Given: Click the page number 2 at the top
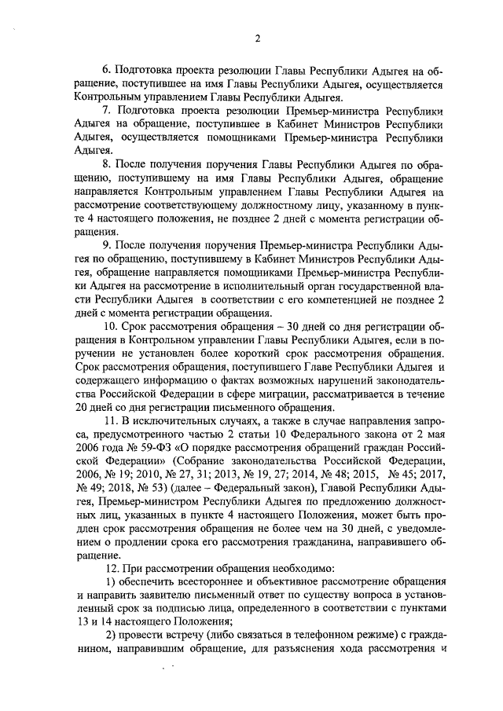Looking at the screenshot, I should click(256, 40).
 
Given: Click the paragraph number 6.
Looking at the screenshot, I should click(107, 69).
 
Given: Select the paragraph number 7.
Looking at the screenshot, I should click(107, 110).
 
